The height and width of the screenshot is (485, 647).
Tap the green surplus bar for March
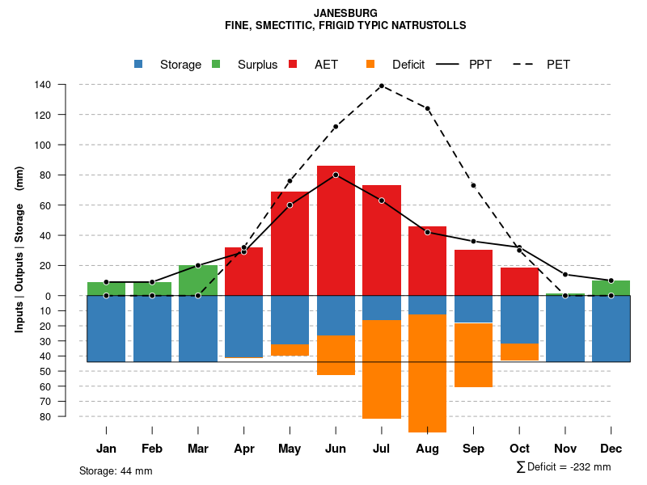(197, 280)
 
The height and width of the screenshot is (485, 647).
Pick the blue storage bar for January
(106, 328)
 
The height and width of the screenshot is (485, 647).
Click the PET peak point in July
(381, 86)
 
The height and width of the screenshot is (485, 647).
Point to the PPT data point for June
(336, 175)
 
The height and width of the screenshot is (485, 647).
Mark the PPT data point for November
(565, 275)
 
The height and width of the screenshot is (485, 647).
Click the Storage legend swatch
(138, 64)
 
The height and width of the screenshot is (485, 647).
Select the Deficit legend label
(408, 65)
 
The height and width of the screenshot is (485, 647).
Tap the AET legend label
(326, 65)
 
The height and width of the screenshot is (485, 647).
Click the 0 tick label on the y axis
(49, 296)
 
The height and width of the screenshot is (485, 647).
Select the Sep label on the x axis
(473, 449)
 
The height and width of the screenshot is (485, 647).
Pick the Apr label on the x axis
(243, 449)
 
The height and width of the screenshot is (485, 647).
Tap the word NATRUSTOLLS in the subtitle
(429, 26)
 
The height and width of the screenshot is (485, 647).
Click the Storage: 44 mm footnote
(116, 470)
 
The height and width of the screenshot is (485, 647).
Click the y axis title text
(19, 249)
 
